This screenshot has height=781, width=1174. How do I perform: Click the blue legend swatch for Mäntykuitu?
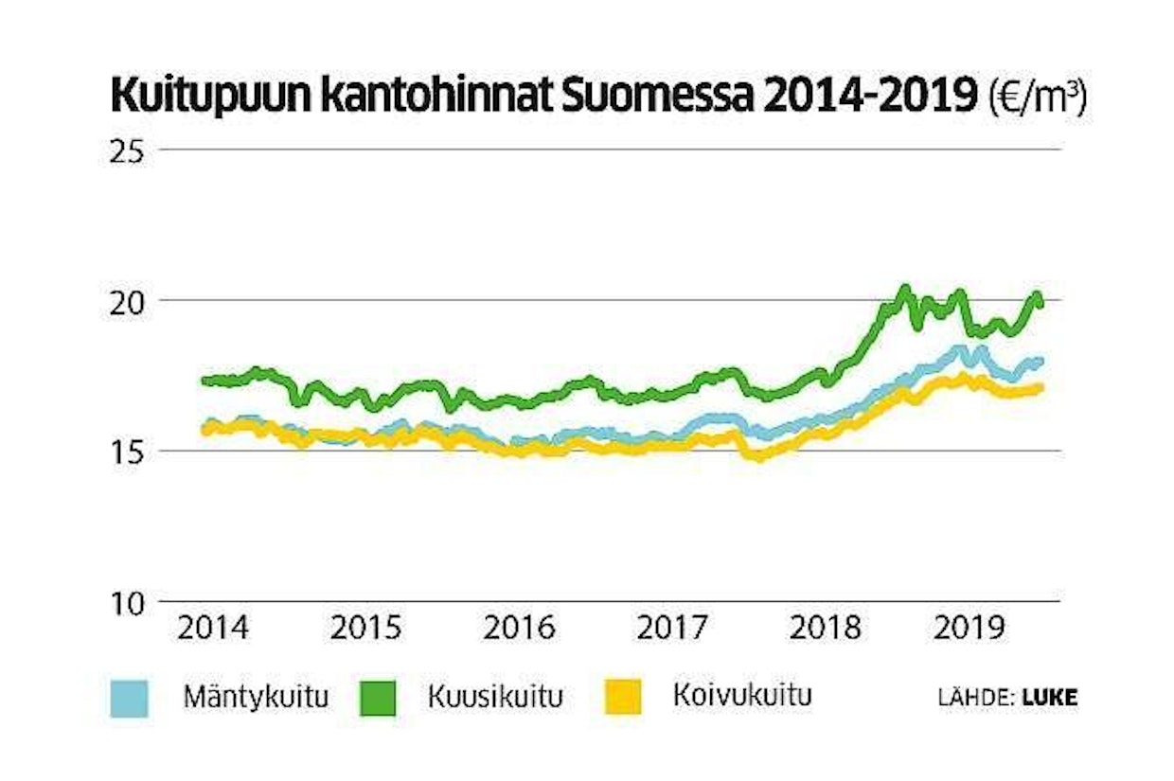pos(130,699)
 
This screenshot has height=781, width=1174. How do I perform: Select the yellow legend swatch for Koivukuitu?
pos(622,699)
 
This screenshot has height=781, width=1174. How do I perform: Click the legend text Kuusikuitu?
pos(494,699)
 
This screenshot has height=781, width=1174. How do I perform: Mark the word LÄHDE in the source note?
pos(975,699)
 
